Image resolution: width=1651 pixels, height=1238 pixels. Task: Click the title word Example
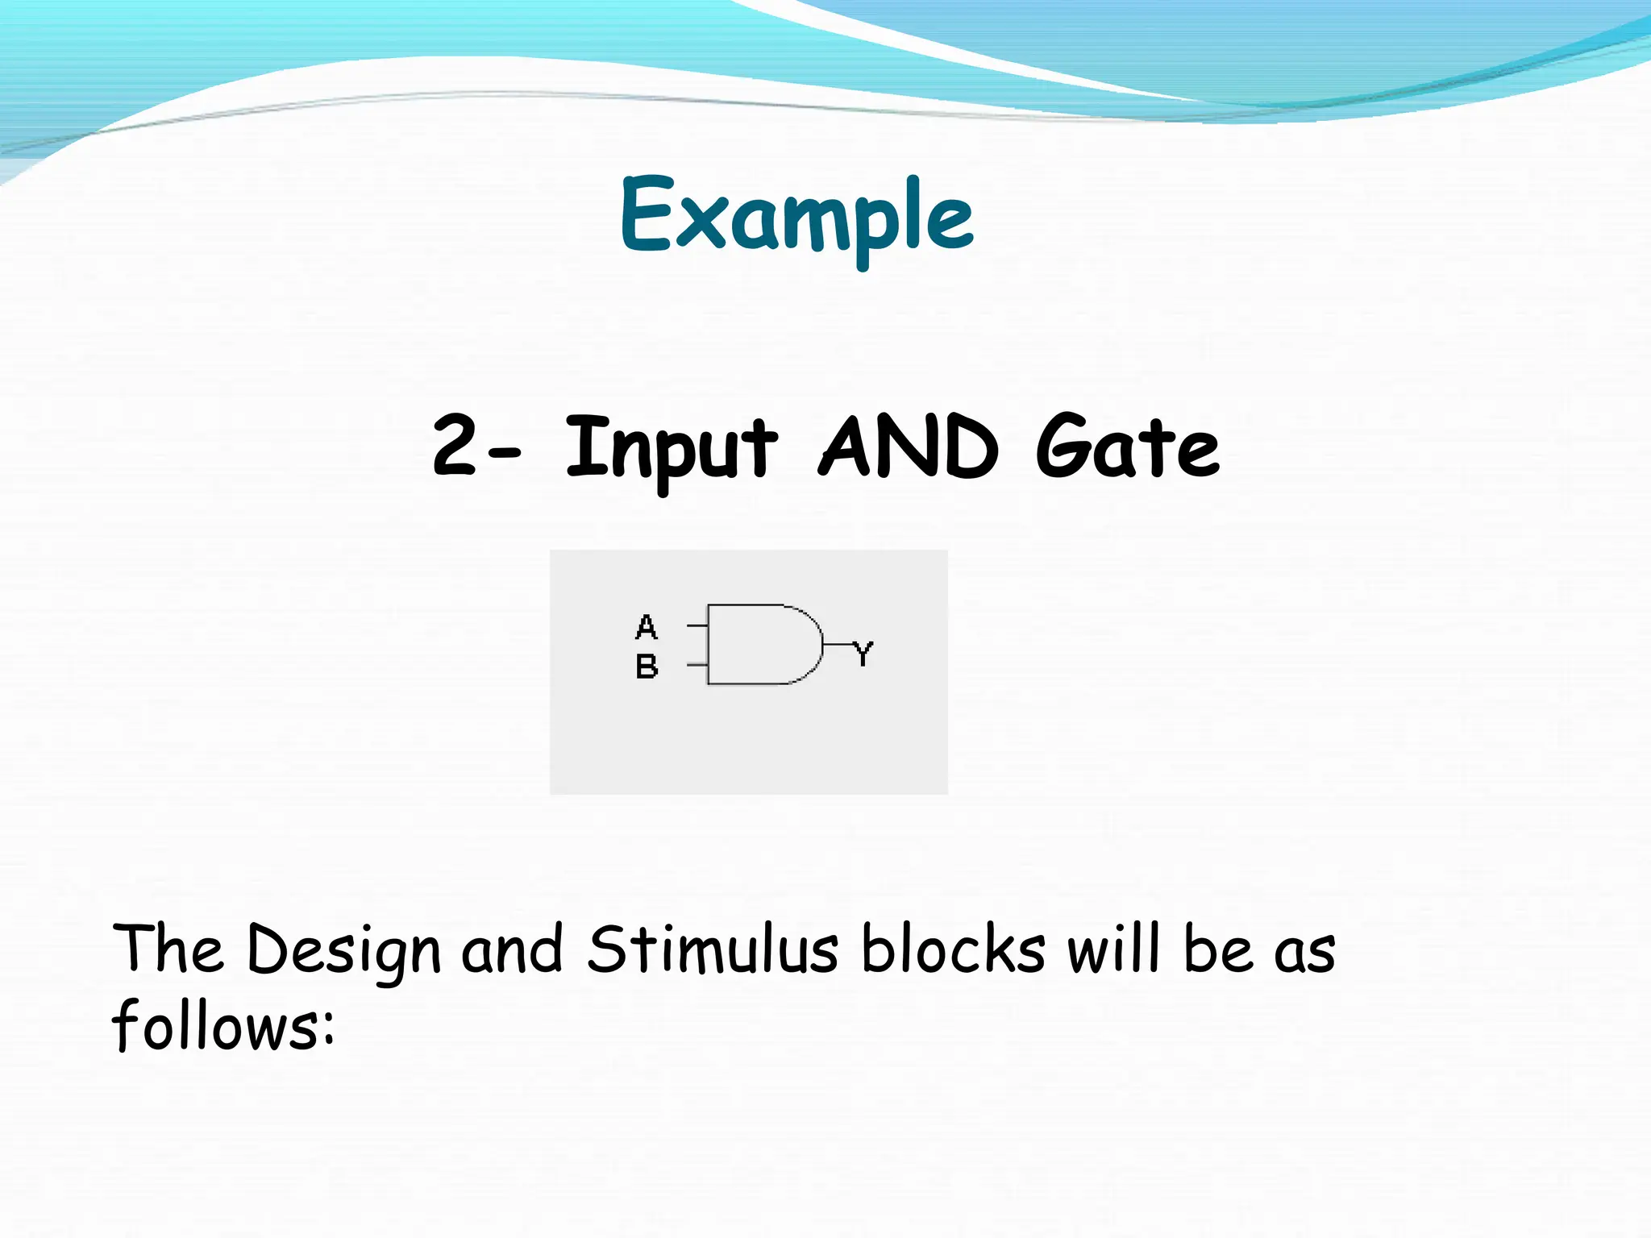click(x=796, y=216)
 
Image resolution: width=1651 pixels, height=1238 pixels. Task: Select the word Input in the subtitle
click(x=671, y=447)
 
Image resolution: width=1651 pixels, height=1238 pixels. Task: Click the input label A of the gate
click(x=647, y=626)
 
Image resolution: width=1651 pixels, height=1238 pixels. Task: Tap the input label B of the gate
click(x=647, y=667)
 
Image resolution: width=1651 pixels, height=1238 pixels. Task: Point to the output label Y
click(x=863, y=653)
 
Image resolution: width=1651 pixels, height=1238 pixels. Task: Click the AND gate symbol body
click(x=758, y=644)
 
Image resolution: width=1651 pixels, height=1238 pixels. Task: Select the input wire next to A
click(x=697, y=625)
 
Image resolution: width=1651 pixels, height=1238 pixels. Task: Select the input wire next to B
click(x=697, y=665)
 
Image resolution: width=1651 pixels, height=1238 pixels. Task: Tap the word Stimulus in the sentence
click(x=713, y=949)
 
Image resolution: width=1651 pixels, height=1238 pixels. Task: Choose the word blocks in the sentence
click(x=953, y=949)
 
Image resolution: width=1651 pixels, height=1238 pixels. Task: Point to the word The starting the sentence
click(x=168, y=949)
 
